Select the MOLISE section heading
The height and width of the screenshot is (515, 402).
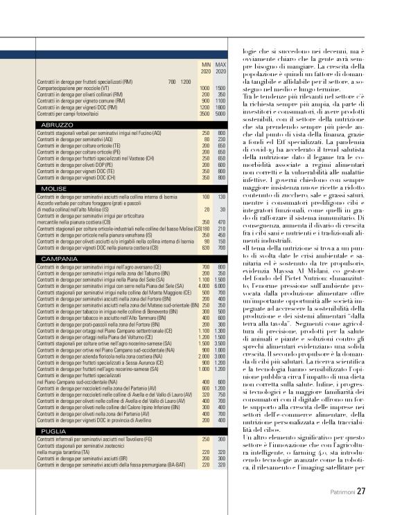pyautogui.click(x=53, y=188)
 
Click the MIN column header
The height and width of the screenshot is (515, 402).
pyautogui.click(x=205, y=64)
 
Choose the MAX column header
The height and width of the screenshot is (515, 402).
pyautogui.click(x=221, y=64)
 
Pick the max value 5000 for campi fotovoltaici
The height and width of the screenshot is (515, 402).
pyautogui.click(x=220, y=114)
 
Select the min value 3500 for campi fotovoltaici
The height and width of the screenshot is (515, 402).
pyautogui.click(x=204, y=114)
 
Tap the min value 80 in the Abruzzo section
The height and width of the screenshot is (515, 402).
pyautogui.click(x=206, y=140)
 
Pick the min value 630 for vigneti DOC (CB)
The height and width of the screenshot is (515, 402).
pyautogui.click(x=205, y=247)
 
